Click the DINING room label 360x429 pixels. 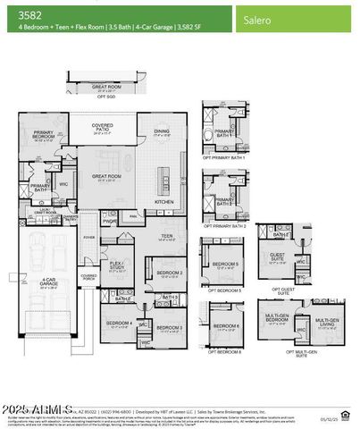point(161,131)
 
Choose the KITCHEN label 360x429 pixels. point(165,202)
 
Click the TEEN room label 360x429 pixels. point(167,236)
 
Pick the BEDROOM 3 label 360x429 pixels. point(168,327)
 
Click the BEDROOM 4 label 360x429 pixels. point(119,323)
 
